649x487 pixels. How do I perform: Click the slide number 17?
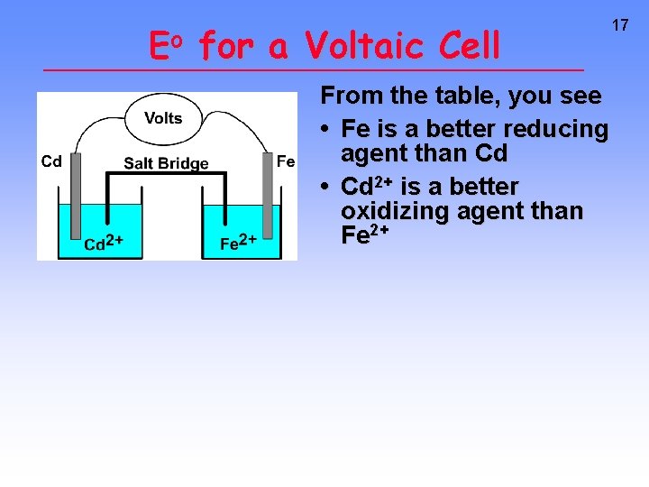tap(620, 25)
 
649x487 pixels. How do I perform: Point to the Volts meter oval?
tap(163, 118)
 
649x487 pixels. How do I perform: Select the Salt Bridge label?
tap(166, 163)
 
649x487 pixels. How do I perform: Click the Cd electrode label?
tap(52, 162)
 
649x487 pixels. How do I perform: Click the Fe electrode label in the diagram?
tap(286, 161)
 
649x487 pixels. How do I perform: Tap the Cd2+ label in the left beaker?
tap(103, 243)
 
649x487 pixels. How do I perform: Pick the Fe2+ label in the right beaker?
tap(239, 243)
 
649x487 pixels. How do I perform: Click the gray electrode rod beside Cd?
tap(76, 207)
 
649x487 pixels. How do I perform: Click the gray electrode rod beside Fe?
tap(268, 207)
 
